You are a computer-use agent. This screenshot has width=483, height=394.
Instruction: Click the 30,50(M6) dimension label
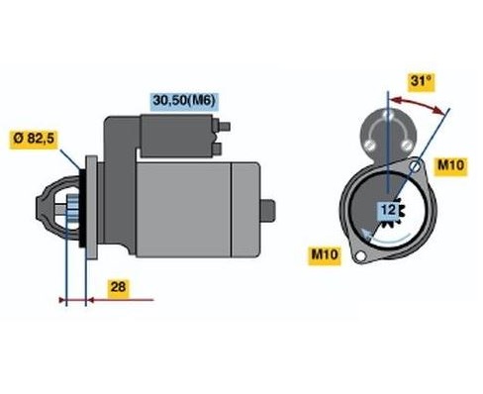click(x=183, y=100)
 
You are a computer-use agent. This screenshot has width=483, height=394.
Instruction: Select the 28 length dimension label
click(x=118, y=286)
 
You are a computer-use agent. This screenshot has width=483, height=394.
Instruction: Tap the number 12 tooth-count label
click(x=389, y=211)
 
